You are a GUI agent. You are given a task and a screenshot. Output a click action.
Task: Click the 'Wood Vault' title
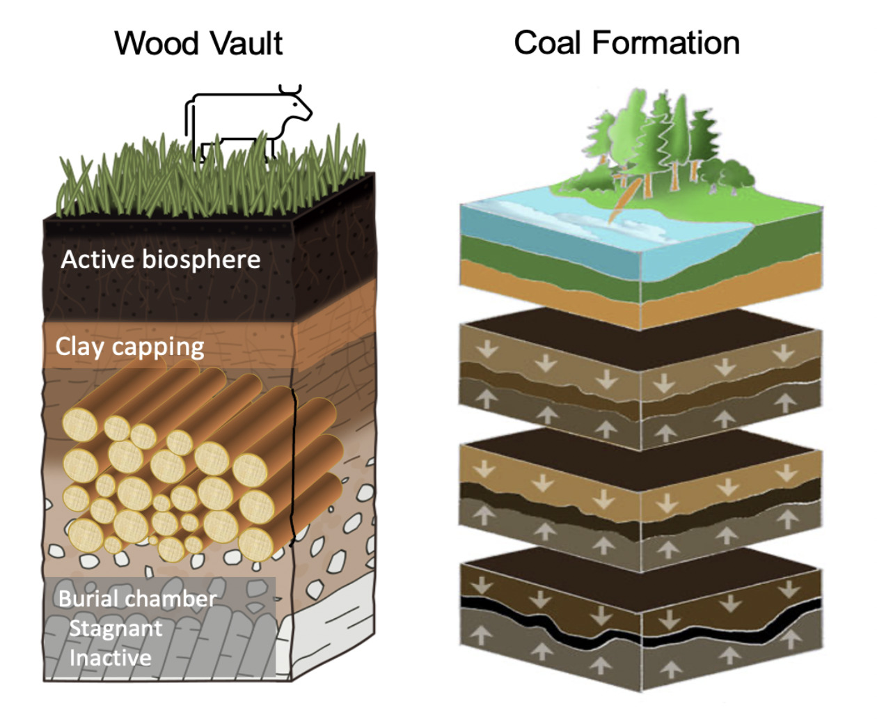(198, 43)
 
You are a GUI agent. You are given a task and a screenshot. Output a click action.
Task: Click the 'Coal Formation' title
(626, 43)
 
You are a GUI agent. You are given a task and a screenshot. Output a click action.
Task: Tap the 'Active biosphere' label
(161, 260)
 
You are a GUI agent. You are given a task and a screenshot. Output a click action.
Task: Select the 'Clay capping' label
(130, 347)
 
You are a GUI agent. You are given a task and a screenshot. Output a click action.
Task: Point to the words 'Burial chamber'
(137, 599)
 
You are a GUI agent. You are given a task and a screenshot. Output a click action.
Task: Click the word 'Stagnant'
(116, 629)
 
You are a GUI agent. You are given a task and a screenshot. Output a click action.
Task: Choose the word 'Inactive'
(110, 658)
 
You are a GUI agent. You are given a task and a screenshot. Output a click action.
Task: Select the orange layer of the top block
(543, 282)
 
